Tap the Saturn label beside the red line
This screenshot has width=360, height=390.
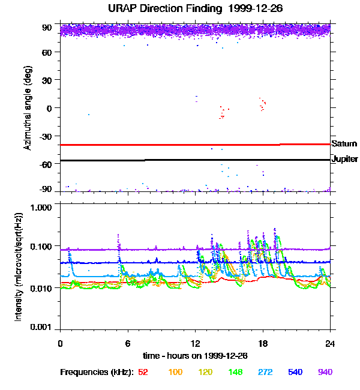344,144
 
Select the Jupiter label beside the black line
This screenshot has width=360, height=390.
345,160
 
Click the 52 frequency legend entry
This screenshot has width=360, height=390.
143,373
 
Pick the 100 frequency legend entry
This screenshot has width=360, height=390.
175,373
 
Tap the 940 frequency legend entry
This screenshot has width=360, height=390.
325,373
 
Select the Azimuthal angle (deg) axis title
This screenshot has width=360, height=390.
27,108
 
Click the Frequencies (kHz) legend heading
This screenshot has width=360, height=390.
96,373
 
